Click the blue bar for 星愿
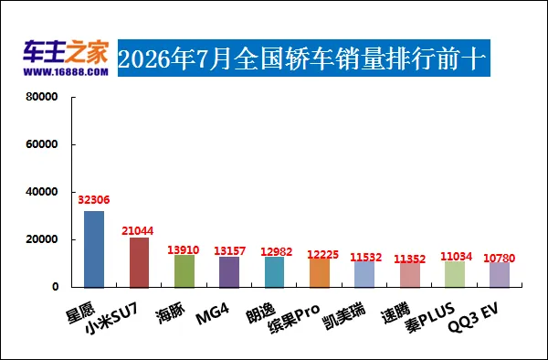click(x=94, y=249)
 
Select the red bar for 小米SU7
click(x=139, y=262)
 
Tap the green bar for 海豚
click(x=184, y=271)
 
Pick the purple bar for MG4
click(x=229, y=272)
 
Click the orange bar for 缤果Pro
click(x=320, y=273)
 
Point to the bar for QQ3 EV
click(x=500, y=275)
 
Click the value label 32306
click(x=94, y=200)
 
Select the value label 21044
click(x=137, y=231)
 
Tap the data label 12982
click(x=277, y=251)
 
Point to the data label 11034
click(x=456, y=257)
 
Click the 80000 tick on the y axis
click(x=42, y=97)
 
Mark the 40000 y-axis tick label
click(x=42, y=192)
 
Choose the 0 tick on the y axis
click(x=55, y=287)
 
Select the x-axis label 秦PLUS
click(x=430, y=318)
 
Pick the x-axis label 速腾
click(x=395, y=312)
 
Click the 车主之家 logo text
click(x=66, y=52)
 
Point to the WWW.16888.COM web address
click(x=66, y=72)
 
